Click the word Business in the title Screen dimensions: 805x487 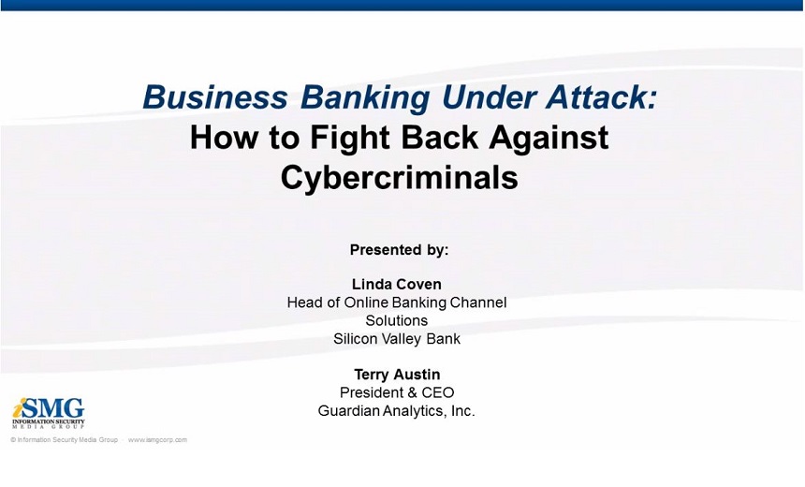click(215, 97)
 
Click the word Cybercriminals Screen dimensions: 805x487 click(399, 177)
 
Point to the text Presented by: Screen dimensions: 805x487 click(399, 250)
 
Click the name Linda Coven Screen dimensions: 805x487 click(396, 284)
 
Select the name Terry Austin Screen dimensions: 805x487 click(397, 375)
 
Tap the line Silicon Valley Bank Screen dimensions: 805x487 click(397, 339)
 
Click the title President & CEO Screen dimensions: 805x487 click(397, 392)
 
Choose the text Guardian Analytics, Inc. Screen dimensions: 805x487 click(396, 411)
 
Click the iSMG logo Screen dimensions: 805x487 click(49, 412)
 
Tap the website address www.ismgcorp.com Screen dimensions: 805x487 click(157, 440)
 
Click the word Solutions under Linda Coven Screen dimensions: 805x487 click(396, 320)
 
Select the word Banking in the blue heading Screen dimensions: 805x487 click(364, 98)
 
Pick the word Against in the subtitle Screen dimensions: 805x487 click(549, 139)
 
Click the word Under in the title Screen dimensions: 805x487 click(487, 97)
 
